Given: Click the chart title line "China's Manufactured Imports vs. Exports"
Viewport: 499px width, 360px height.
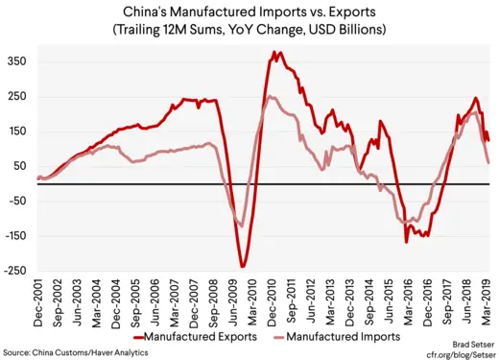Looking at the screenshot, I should point(249,12).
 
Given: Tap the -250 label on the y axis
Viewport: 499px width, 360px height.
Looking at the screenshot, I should point(14,271).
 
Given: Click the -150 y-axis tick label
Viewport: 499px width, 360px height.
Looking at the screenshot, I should point(14,236).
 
